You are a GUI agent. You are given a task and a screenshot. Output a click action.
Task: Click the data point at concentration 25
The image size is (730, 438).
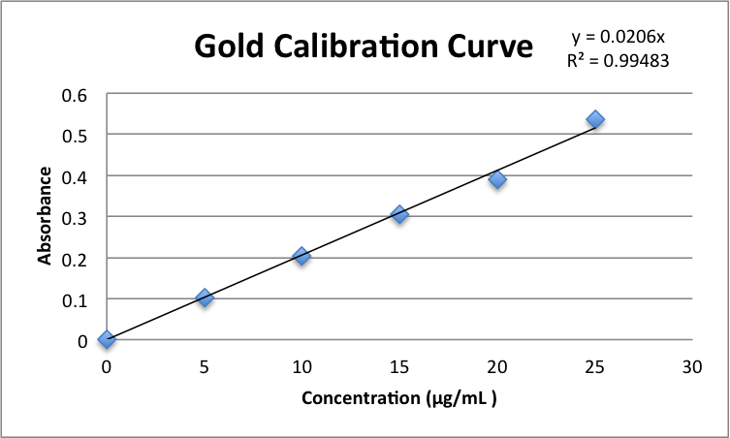(x=595, y=119)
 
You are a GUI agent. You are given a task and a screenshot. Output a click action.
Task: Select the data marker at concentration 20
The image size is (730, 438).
(x=497, y=179)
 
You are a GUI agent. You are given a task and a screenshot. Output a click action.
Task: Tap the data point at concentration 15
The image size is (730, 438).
(x=398, y=214)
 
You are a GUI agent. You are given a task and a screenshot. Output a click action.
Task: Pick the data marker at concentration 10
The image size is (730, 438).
(x=302, y=256)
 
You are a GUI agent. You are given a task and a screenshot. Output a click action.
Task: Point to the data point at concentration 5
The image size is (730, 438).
(x=204, y=297)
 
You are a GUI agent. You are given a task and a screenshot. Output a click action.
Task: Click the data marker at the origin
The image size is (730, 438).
(x=107, y=339)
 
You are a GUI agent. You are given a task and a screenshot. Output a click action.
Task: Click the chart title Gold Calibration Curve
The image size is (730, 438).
(x=364, y=47)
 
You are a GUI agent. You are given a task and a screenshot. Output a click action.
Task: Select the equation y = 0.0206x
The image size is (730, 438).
(x=619, y=38)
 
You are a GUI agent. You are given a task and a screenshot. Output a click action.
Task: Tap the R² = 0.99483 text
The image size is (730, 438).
(x=619, y=60)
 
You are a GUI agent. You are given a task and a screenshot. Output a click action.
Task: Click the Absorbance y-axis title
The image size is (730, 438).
(x=45, y=216)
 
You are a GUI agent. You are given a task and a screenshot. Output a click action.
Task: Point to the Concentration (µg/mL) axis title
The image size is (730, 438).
(x=398, y=398)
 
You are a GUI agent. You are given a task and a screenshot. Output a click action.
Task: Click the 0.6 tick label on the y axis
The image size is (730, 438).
(x=76, y=94)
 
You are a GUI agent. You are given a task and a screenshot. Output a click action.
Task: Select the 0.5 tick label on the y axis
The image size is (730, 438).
(x=76, y=135)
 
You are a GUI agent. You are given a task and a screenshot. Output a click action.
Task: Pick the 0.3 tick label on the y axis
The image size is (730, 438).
(x=76, y=217)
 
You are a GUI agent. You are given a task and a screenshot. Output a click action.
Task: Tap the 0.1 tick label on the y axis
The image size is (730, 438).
(x=76, y=299)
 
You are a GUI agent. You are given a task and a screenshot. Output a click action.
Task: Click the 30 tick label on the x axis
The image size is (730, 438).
(x=692, y=366)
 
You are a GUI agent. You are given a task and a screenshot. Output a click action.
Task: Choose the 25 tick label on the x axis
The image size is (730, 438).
(x=594, y=366)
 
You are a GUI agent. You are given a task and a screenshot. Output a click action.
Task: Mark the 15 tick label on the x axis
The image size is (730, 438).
(x=399, y=366)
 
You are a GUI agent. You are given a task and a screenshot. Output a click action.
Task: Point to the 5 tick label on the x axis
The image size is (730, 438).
(x=204, y=366)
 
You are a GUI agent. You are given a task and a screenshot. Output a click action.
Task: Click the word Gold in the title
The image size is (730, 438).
(x=232, y=47)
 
